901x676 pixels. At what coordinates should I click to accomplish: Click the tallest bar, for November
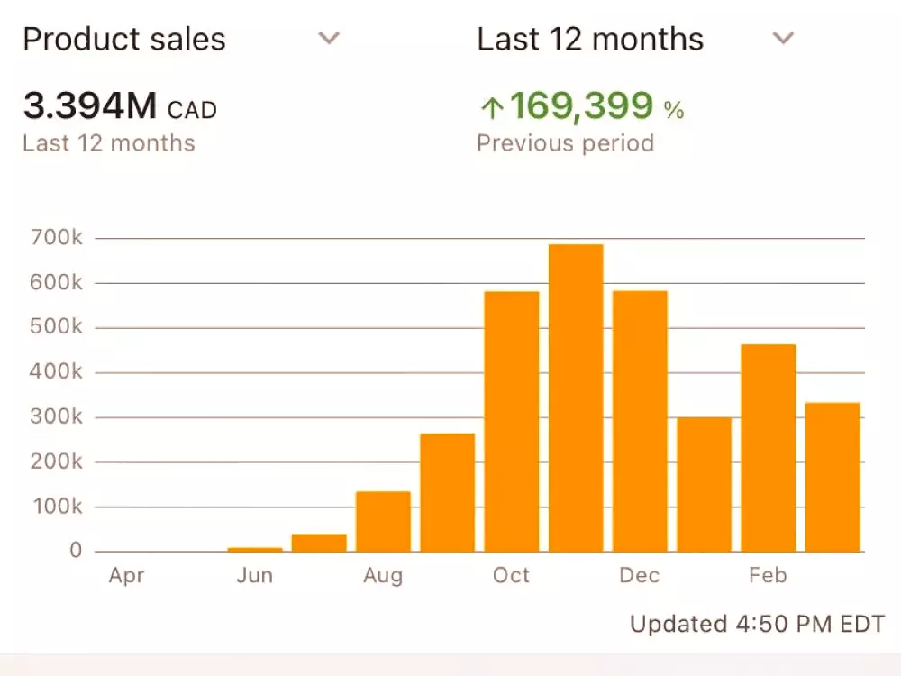[576, 397]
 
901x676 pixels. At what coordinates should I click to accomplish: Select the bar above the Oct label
[512, 421]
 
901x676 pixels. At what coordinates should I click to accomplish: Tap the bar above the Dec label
[640, 421]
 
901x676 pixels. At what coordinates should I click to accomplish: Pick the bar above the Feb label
[769, 448]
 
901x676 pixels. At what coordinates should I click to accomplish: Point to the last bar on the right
[833, 477]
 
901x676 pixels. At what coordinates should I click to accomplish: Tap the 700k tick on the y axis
[57, 239]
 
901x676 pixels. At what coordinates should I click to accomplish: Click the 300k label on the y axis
[57, 417]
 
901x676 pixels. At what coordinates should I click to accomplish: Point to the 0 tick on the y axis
[76, 551]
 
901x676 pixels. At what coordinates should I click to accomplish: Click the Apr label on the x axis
[126, 576]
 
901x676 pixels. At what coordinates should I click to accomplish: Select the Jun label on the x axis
[255, 576]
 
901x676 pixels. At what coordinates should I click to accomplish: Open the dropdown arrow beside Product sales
[330, 39]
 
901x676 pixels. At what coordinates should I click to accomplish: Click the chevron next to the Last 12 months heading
[784, 39]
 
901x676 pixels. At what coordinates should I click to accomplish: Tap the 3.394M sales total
[90, 107]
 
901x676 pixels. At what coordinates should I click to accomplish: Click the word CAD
[193, 111]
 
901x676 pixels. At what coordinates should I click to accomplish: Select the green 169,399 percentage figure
[581, 107]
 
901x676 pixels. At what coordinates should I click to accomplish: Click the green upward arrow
[491, 109]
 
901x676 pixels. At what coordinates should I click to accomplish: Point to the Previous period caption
[565, 143]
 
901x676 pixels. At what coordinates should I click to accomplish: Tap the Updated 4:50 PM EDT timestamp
[757, 624]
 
